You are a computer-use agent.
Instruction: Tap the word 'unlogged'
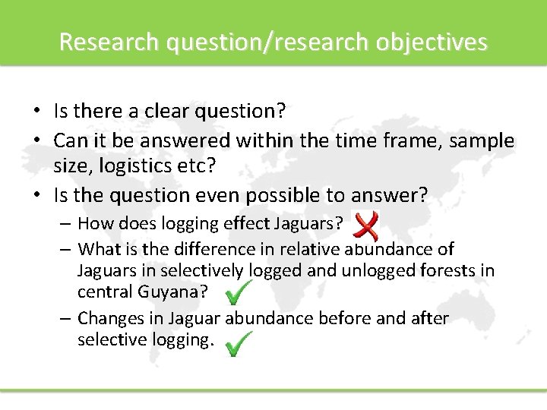tap(362, 270)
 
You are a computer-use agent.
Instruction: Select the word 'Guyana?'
tap(175, 292)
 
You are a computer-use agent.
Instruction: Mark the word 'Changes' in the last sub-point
tap(109, 318)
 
